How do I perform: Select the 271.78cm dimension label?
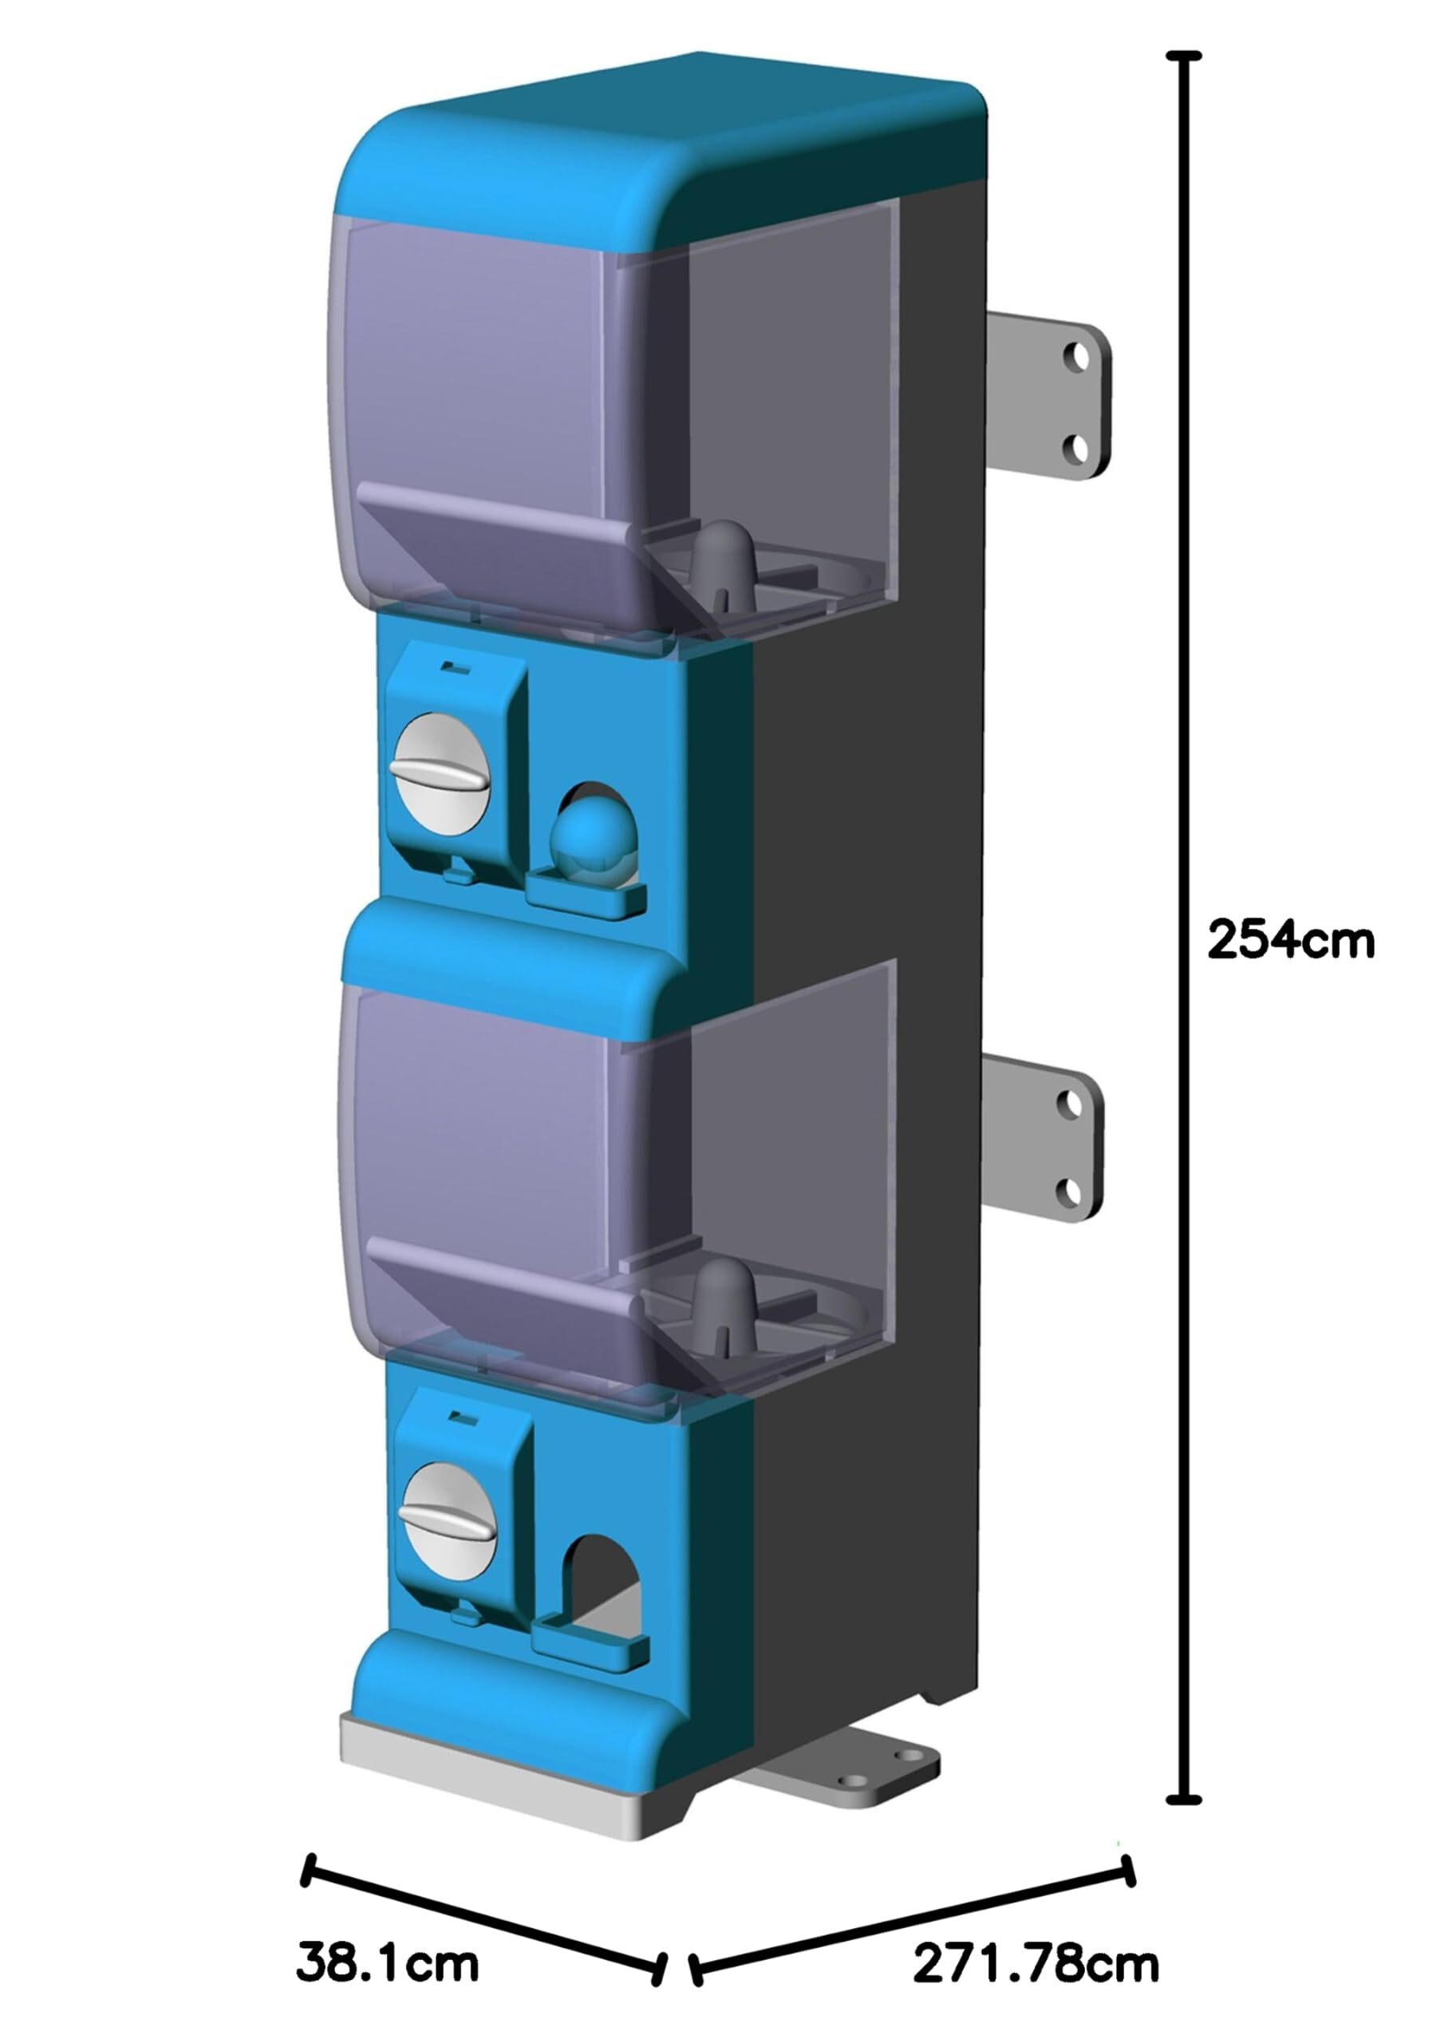coord(1036,1963)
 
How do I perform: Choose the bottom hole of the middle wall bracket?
coord(1068,1188)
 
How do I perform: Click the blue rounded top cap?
coord(658,152)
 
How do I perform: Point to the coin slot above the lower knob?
coord(460,1415)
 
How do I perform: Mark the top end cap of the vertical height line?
coord(1182,56)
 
